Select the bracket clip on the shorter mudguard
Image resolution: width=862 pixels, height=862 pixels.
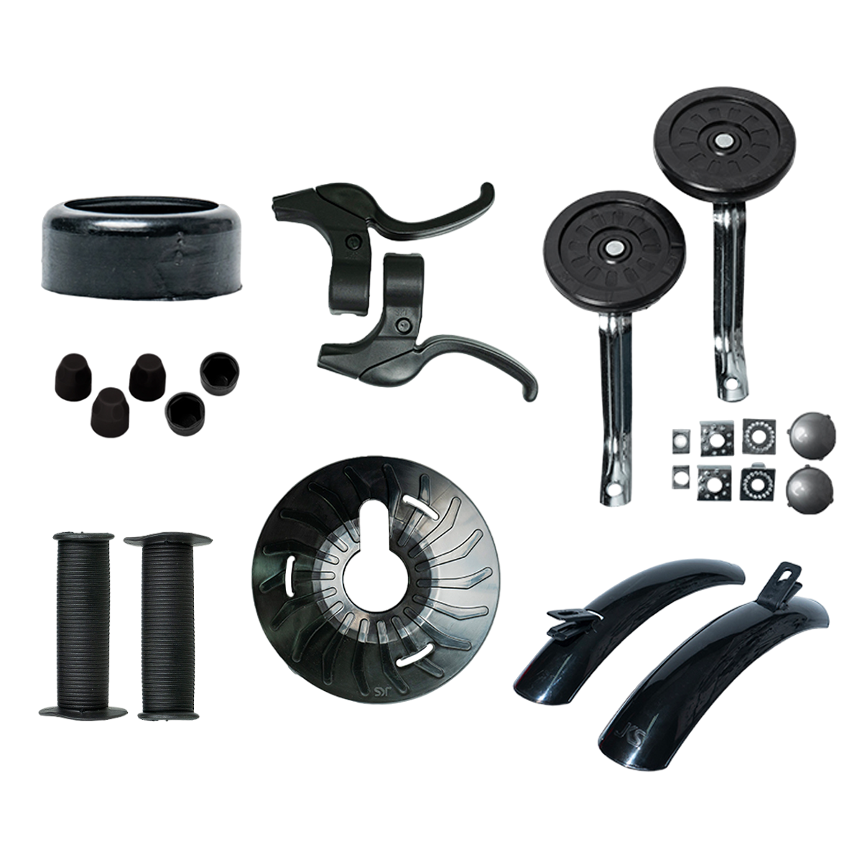(571, 620)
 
